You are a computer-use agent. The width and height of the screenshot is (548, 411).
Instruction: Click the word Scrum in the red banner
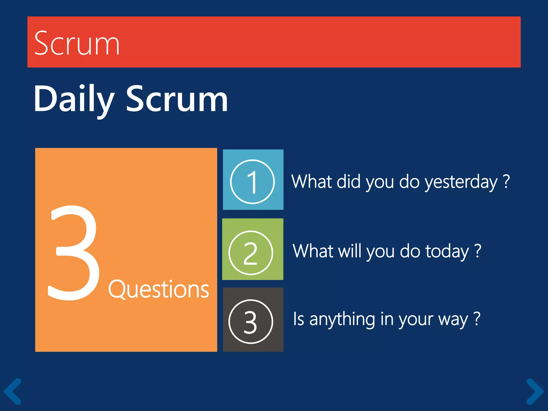(x=77, y=43)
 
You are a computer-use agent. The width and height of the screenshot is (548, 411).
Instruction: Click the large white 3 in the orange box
(x=74, y=253)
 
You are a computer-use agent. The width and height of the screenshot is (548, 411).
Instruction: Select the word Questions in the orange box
(x=158, y=290)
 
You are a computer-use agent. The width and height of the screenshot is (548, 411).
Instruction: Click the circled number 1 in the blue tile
(x=252, y=182)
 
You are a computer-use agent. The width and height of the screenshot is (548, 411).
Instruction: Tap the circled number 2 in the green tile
(x=251, y=253)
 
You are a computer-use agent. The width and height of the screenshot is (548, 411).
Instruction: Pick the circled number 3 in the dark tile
(x=251, y=322)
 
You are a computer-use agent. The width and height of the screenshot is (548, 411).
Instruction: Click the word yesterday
(x=461, y=182)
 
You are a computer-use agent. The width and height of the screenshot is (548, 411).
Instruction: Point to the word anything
(x=342, y=319)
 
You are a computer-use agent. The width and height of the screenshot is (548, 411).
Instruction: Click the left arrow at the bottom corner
(x=12, y=391)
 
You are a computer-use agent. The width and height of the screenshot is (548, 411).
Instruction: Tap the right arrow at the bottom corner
(x=535, y=391)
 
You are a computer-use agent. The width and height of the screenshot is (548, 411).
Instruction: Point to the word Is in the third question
(x=299, y=319)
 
